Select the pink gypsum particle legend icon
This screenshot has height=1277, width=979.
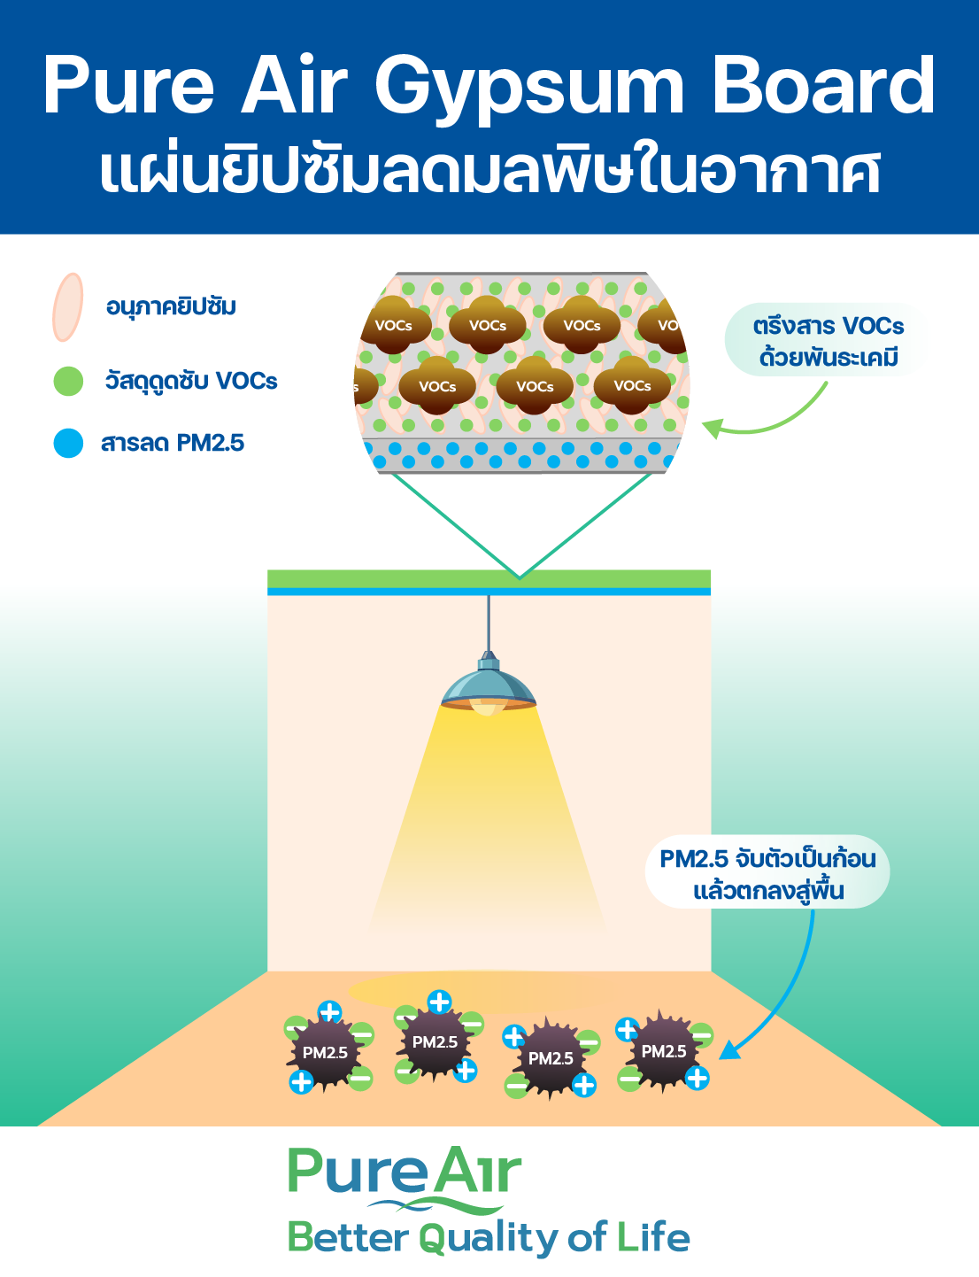67,307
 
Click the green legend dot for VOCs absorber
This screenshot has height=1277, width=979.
68,381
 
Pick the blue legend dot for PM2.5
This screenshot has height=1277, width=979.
68,443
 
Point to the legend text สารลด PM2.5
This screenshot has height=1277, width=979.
173,443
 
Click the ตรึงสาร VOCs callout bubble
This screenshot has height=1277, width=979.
828,341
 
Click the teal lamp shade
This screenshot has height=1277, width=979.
488,685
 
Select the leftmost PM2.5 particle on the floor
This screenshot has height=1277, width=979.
325,1053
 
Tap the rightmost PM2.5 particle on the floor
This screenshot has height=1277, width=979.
664,1051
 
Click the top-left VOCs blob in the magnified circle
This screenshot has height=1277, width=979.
394,325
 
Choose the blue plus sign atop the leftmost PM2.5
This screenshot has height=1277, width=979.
329,1012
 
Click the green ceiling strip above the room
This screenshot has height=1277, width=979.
489,578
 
